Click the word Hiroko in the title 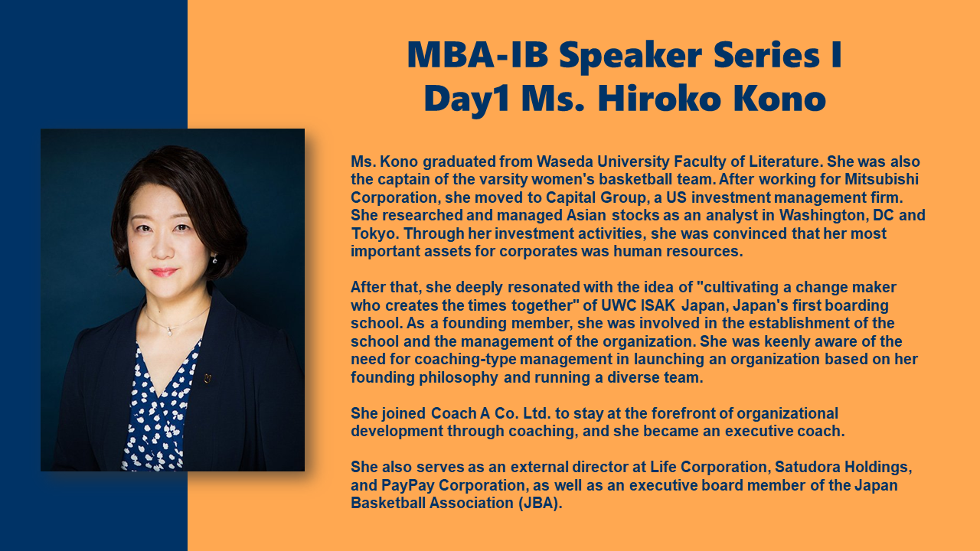[x=659, y=99]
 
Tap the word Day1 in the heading [x=466, y=100]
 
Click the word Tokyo [x=374, y=233]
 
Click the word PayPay [x=408, y=485]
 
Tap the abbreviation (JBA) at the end [x=540, y=504]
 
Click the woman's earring [x=215, y=259]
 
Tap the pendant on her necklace [x=170, y=331]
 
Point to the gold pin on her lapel [x=207, y=378]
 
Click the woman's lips [x=164, y=272]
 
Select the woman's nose [x=163, y=248]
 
